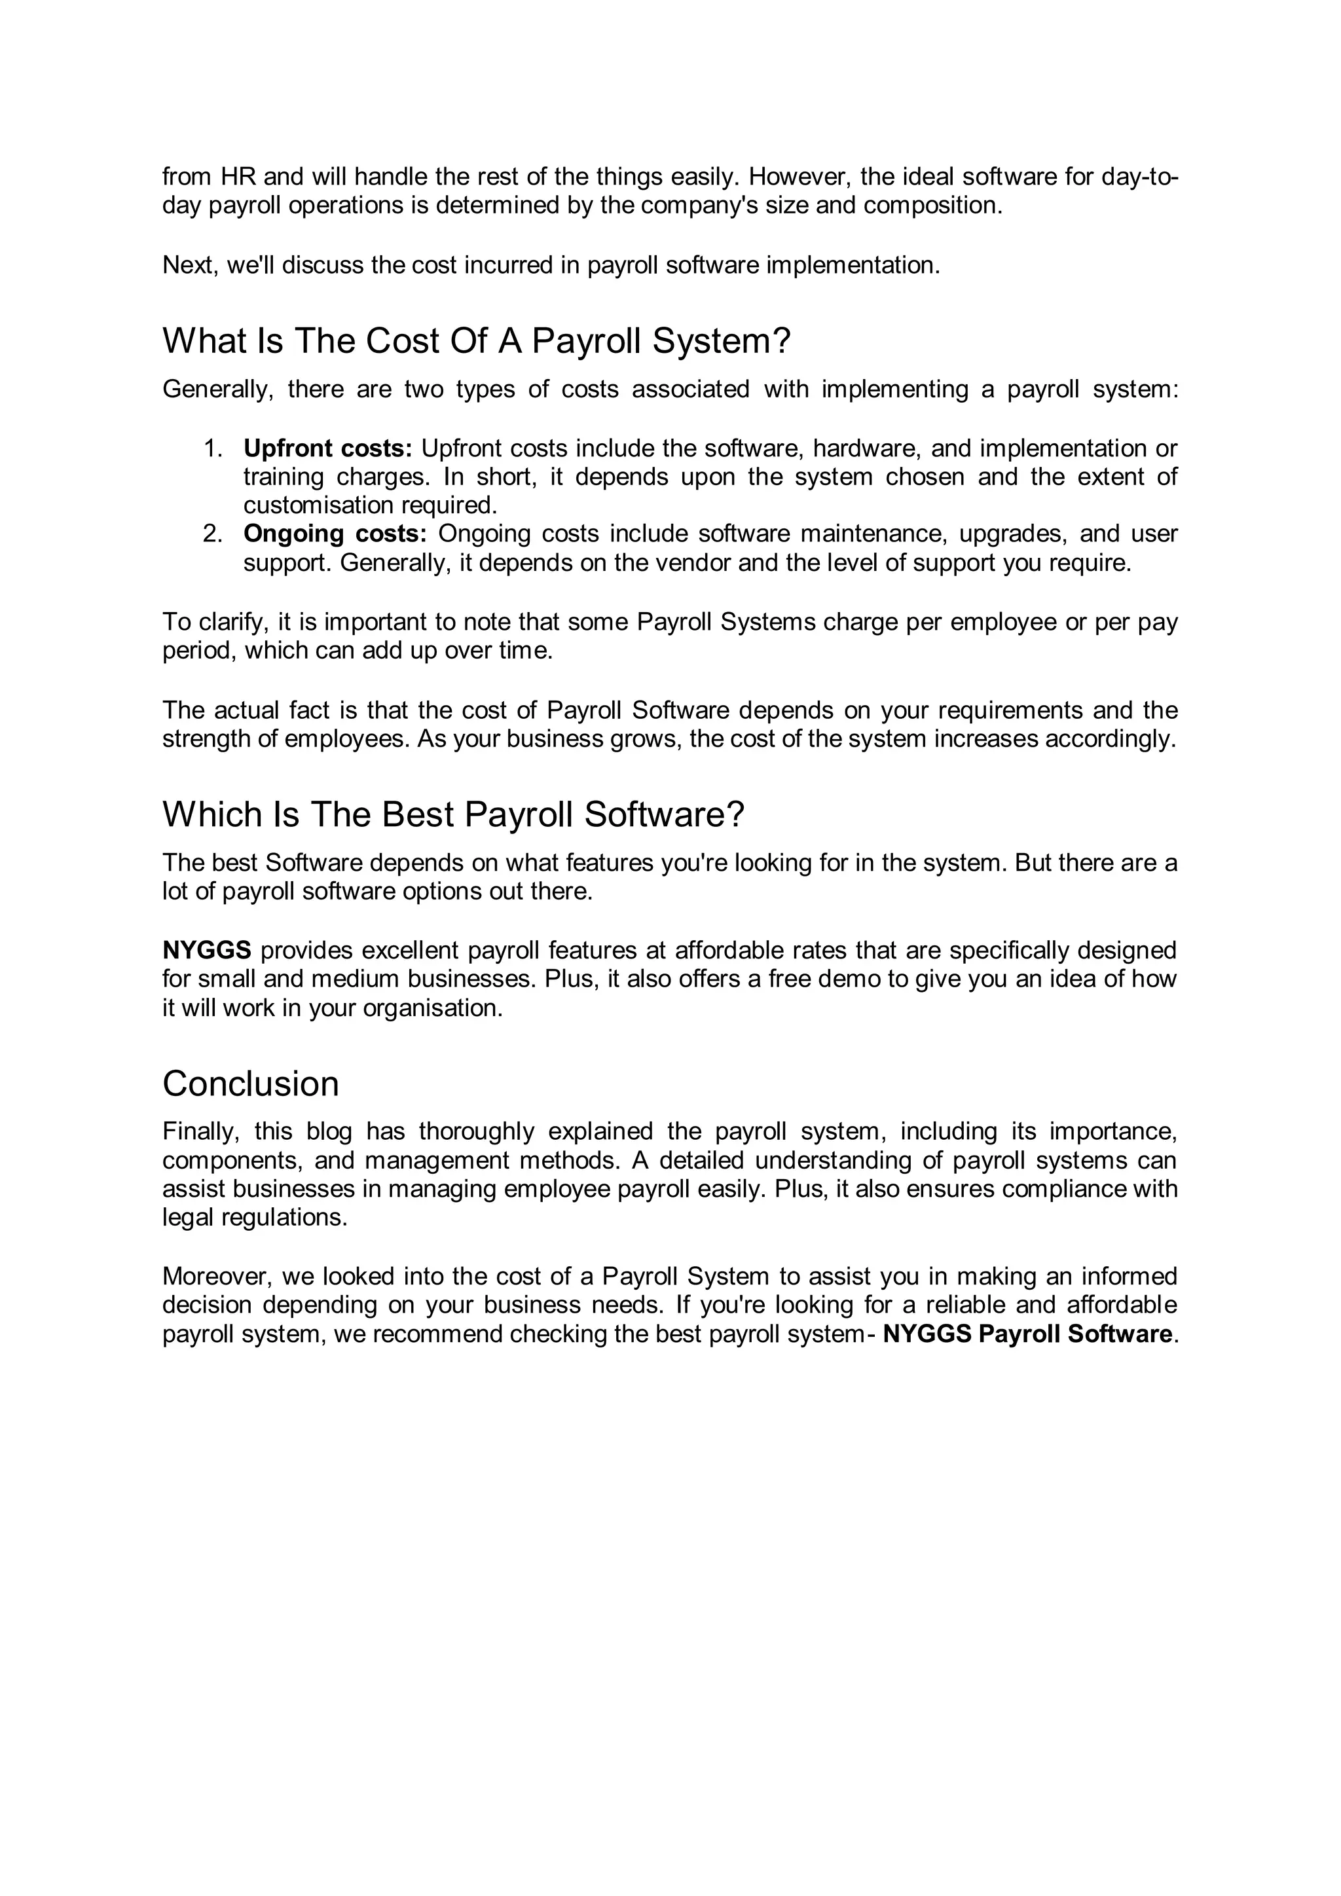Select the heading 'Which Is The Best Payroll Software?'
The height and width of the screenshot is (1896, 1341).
(452, 814)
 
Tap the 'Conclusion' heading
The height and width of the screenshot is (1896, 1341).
(250, 1084)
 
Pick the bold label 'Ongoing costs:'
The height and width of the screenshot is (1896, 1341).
(335, 534)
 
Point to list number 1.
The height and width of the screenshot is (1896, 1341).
(213, 448)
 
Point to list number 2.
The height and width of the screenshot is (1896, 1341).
(213, 534)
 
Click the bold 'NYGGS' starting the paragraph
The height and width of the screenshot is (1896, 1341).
(206, 951)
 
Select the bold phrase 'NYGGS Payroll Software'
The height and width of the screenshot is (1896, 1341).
(1027, 1334)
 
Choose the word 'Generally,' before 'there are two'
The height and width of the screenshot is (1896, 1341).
(217, 389)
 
